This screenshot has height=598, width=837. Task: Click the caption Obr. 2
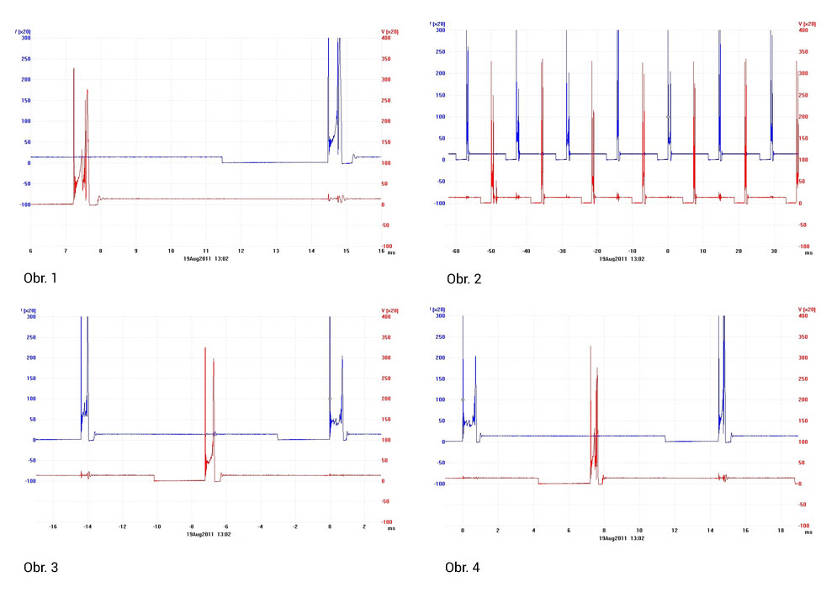coord(464,279)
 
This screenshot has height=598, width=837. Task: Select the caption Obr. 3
coord(41,568)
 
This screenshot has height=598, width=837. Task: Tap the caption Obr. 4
coord(462,568)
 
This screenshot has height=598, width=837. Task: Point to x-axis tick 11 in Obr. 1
coord(205,251)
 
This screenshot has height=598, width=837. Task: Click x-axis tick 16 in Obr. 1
coord(380,251)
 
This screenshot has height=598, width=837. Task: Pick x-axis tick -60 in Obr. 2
coord(455,251)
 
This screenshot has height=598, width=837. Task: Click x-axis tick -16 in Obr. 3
coord(53,527)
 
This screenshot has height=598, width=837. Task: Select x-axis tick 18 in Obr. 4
coord(779,531)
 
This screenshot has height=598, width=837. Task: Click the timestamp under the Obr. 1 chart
coord(205,258)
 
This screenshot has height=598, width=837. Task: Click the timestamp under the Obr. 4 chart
coord(627,538)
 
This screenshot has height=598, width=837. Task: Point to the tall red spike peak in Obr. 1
coord(74,69)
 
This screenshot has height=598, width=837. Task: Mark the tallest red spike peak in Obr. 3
coord(205,348)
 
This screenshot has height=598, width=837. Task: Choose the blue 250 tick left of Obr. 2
coord(437,51)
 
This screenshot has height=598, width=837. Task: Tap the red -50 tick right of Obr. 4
coord(803,505)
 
